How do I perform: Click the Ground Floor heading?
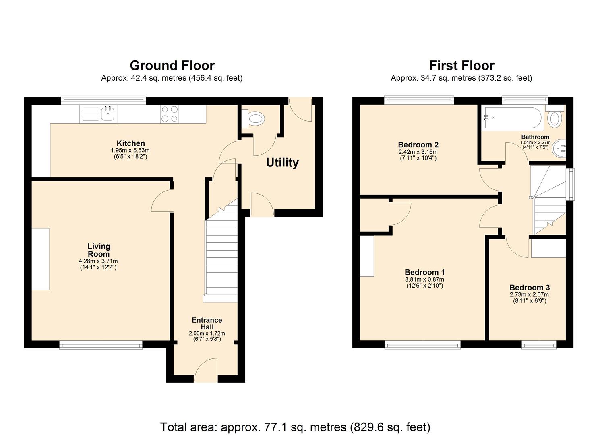tap(172, 65)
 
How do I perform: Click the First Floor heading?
tap(461, 65)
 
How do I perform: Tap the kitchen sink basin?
tap(108, 114)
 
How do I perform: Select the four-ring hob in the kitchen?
tap(170, 114)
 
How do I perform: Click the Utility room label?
tap(282, 163)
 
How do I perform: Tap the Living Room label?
tap(99, 250)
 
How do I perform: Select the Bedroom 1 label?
tap(425, 272)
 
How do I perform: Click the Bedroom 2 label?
tap(418, 145)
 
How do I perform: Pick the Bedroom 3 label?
tap(530, 288)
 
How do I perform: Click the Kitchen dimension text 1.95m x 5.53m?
tap(130, 150)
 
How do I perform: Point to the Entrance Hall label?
tap(207, 323)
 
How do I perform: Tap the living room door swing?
tap(162, 201)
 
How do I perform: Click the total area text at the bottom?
tap(295, 427)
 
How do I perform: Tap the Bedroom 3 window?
tap(539, 345)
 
